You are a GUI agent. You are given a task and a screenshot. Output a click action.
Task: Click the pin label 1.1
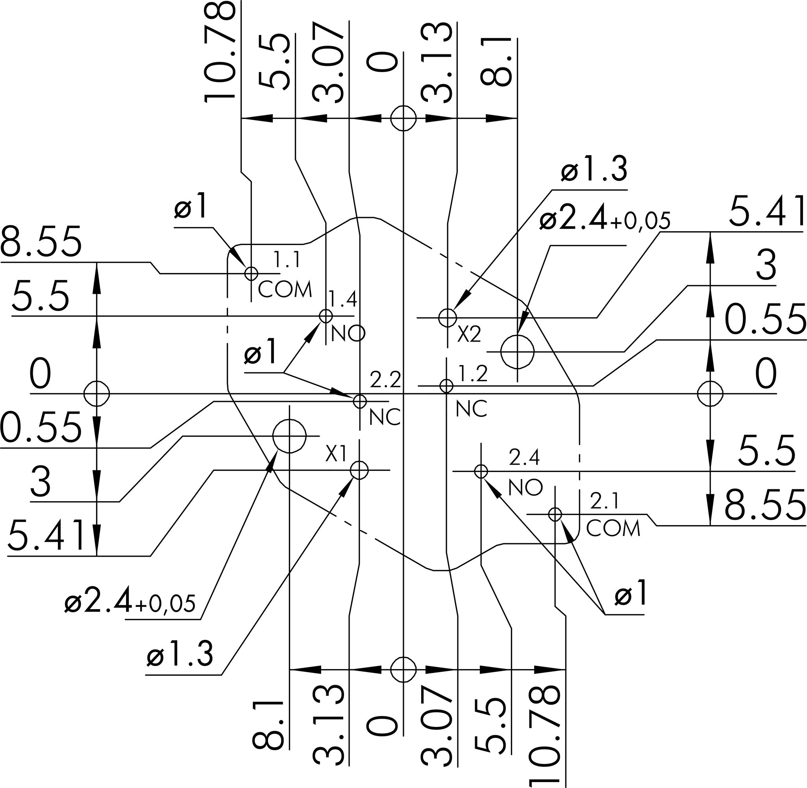pyautogui.click(x=287, y=260)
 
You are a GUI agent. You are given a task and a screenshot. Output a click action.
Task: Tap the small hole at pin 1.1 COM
pyautogui.click(x=252, y=273)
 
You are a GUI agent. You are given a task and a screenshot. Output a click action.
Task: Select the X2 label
pyautogui.click(x=469, y=335)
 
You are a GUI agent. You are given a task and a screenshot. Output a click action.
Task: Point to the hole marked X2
pyautogui.click(x=447, y=318)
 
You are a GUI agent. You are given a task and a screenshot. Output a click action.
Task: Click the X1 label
pyautogui.click(x=336, y=454)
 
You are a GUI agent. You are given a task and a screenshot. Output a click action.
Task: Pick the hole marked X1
pyautogui.click(x=359, y=470)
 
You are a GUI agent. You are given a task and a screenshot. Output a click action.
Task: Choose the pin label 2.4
pyautogui.click(x=524, y=457)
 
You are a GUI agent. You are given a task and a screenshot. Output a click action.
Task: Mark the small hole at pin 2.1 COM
pyautogui.click(x=555, y=515)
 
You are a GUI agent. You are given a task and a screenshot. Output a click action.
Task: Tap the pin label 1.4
pyautogui.click(x=342, y=299)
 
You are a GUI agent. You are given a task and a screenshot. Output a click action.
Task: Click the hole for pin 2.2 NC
pyautogui.click(x=360, y=401)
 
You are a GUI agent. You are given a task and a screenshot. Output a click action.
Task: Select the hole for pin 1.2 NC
pyautogui.click(x=446, y=386)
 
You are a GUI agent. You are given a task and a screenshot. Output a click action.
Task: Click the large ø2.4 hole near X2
pyautogui.click(x=517, y=352)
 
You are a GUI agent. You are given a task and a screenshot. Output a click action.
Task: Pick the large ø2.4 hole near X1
pyautogui.click(x=289, y=436)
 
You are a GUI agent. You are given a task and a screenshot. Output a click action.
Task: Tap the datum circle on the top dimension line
pyautogui.click(x=403, y=118)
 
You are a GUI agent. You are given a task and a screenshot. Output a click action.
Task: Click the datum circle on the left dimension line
pyautogui.click(x=97, y=394)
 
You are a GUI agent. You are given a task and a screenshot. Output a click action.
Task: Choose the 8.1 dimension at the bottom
pyautogui.click(x=268, y=724)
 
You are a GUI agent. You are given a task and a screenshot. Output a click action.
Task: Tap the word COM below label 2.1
pyautogui.click(x=613, y=528)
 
